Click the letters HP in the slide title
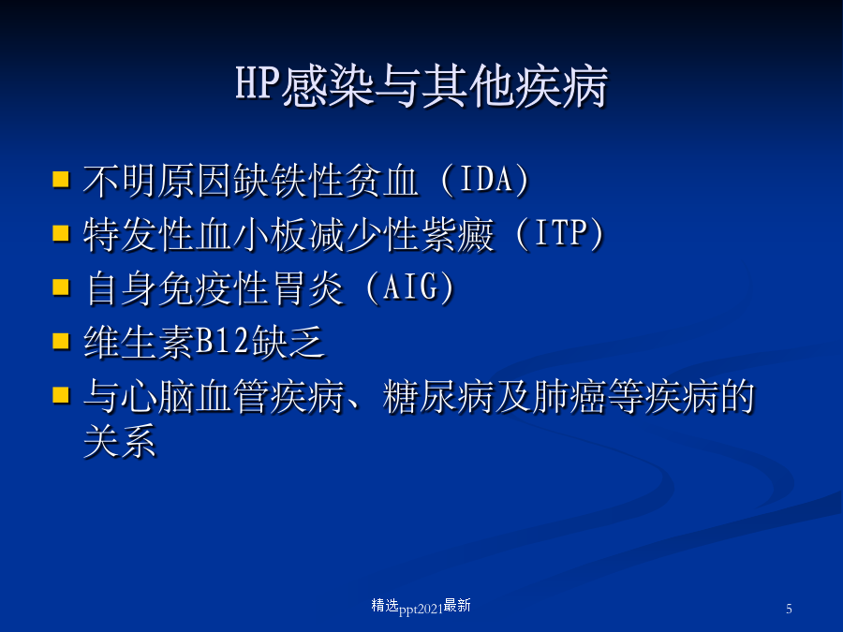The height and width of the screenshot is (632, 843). [259, 83]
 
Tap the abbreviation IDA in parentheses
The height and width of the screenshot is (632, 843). [486, 179]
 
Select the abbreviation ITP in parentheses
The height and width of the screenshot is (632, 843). [560, 233]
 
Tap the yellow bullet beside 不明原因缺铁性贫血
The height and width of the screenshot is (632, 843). [61, 179]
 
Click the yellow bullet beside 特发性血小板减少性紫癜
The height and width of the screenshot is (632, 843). [61, 233]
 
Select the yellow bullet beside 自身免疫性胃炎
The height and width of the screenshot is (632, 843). [61, 287]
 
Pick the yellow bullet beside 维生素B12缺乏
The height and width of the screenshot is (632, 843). [61, 341]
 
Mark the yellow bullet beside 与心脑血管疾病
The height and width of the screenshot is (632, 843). [61, 395]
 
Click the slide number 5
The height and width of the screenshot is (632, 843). [789, 609]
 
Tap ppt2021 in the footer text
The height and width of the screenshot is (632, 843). [421, 609]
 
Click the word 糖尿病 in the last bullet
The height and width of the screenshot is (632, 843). [437, 396]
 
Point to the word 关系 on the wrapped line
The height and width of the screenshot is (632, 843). [120, 441]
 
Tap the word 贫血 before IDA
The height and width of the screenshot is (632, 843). [382, 181]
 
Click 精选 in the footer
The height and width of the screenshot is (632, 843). [385, 606]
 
